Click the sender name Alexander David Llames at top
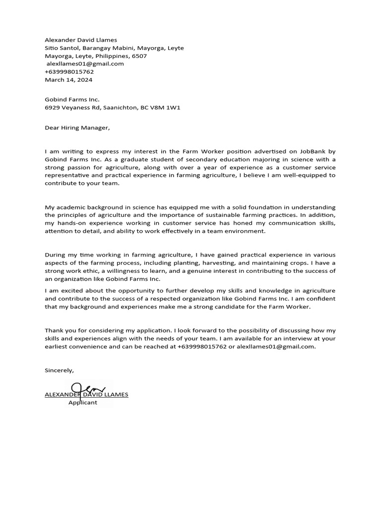(x=81, y=40)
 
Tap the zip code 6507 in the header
(x=139, y=56)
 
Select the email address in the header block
(x=85, y=64)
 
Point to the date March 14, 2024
(x=68, y=80)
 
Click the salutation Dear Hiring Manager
(x=76, y=128)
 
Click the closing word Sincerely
(x=59, y=370)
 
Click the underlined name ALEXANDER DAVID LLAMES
(x=86, y=395)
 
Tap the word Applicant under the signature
(x=82, y=403)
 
